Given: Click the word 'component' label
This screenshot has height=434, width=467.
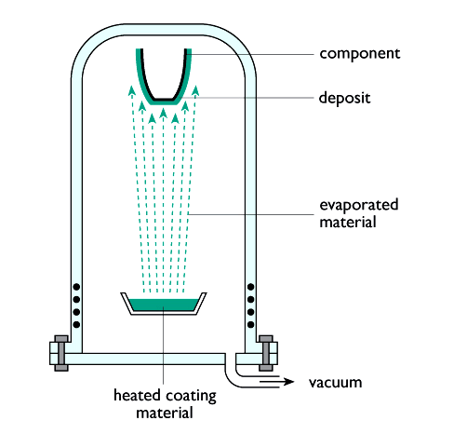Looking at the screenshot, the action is tap(360, 54).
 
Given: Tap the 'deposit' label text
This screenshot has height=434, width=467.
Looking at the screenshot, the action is tap(344, 98).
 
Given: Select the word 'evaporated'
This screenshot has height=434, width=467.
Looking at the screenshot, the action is tap(359, 205).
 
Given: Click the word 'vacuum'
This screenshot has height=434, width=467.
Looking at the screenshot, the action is tap(335, 383).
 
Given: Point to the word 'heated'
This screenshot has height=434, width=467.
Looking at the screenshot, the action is tap(137, 396).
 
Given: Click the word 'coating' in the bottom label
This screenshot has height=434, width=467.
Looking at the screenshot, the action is tap(191, 397).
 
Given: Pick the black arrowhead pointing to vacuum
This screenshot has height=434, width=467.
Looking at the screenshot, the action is tap(288, 382).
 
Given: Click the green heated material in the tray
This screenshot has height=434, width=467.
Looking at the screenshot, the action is tap(164, 305).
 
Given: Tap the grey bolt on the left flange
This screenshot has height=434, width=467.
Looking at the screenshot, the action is tap(61, 353).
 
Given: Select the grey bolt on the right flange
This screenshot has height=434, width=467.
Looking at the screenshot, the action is tap(266, 353).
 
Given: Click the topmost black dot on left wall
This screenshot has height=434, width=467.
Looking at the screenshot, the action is tap(76, 287).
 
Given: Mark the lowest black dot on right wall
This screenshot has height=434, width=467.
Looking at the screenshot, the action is tap(251, 325).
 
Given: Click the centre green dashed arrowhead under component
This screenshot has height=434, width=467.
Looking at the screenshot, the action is tap(163, 113).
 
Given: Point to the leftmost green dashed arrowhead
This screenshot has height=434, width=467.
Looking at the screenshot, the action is tap(132, 90).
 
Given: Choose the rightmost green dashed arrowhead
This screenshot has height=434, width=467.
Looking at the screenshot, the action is tap(195, 90).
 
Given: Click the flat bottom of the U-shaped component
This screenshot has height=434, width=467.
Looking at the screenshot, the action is tap(164, 100).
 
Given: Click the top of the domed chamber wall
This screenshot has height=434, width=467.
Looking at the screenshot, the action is tap(164, 30).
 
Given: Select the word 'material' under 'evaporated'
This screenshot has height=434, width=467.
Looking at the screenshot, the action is tap(348, 223).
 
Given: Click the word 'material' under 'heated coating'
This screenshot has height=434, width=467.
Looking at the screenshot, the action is tap(165, 414).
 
